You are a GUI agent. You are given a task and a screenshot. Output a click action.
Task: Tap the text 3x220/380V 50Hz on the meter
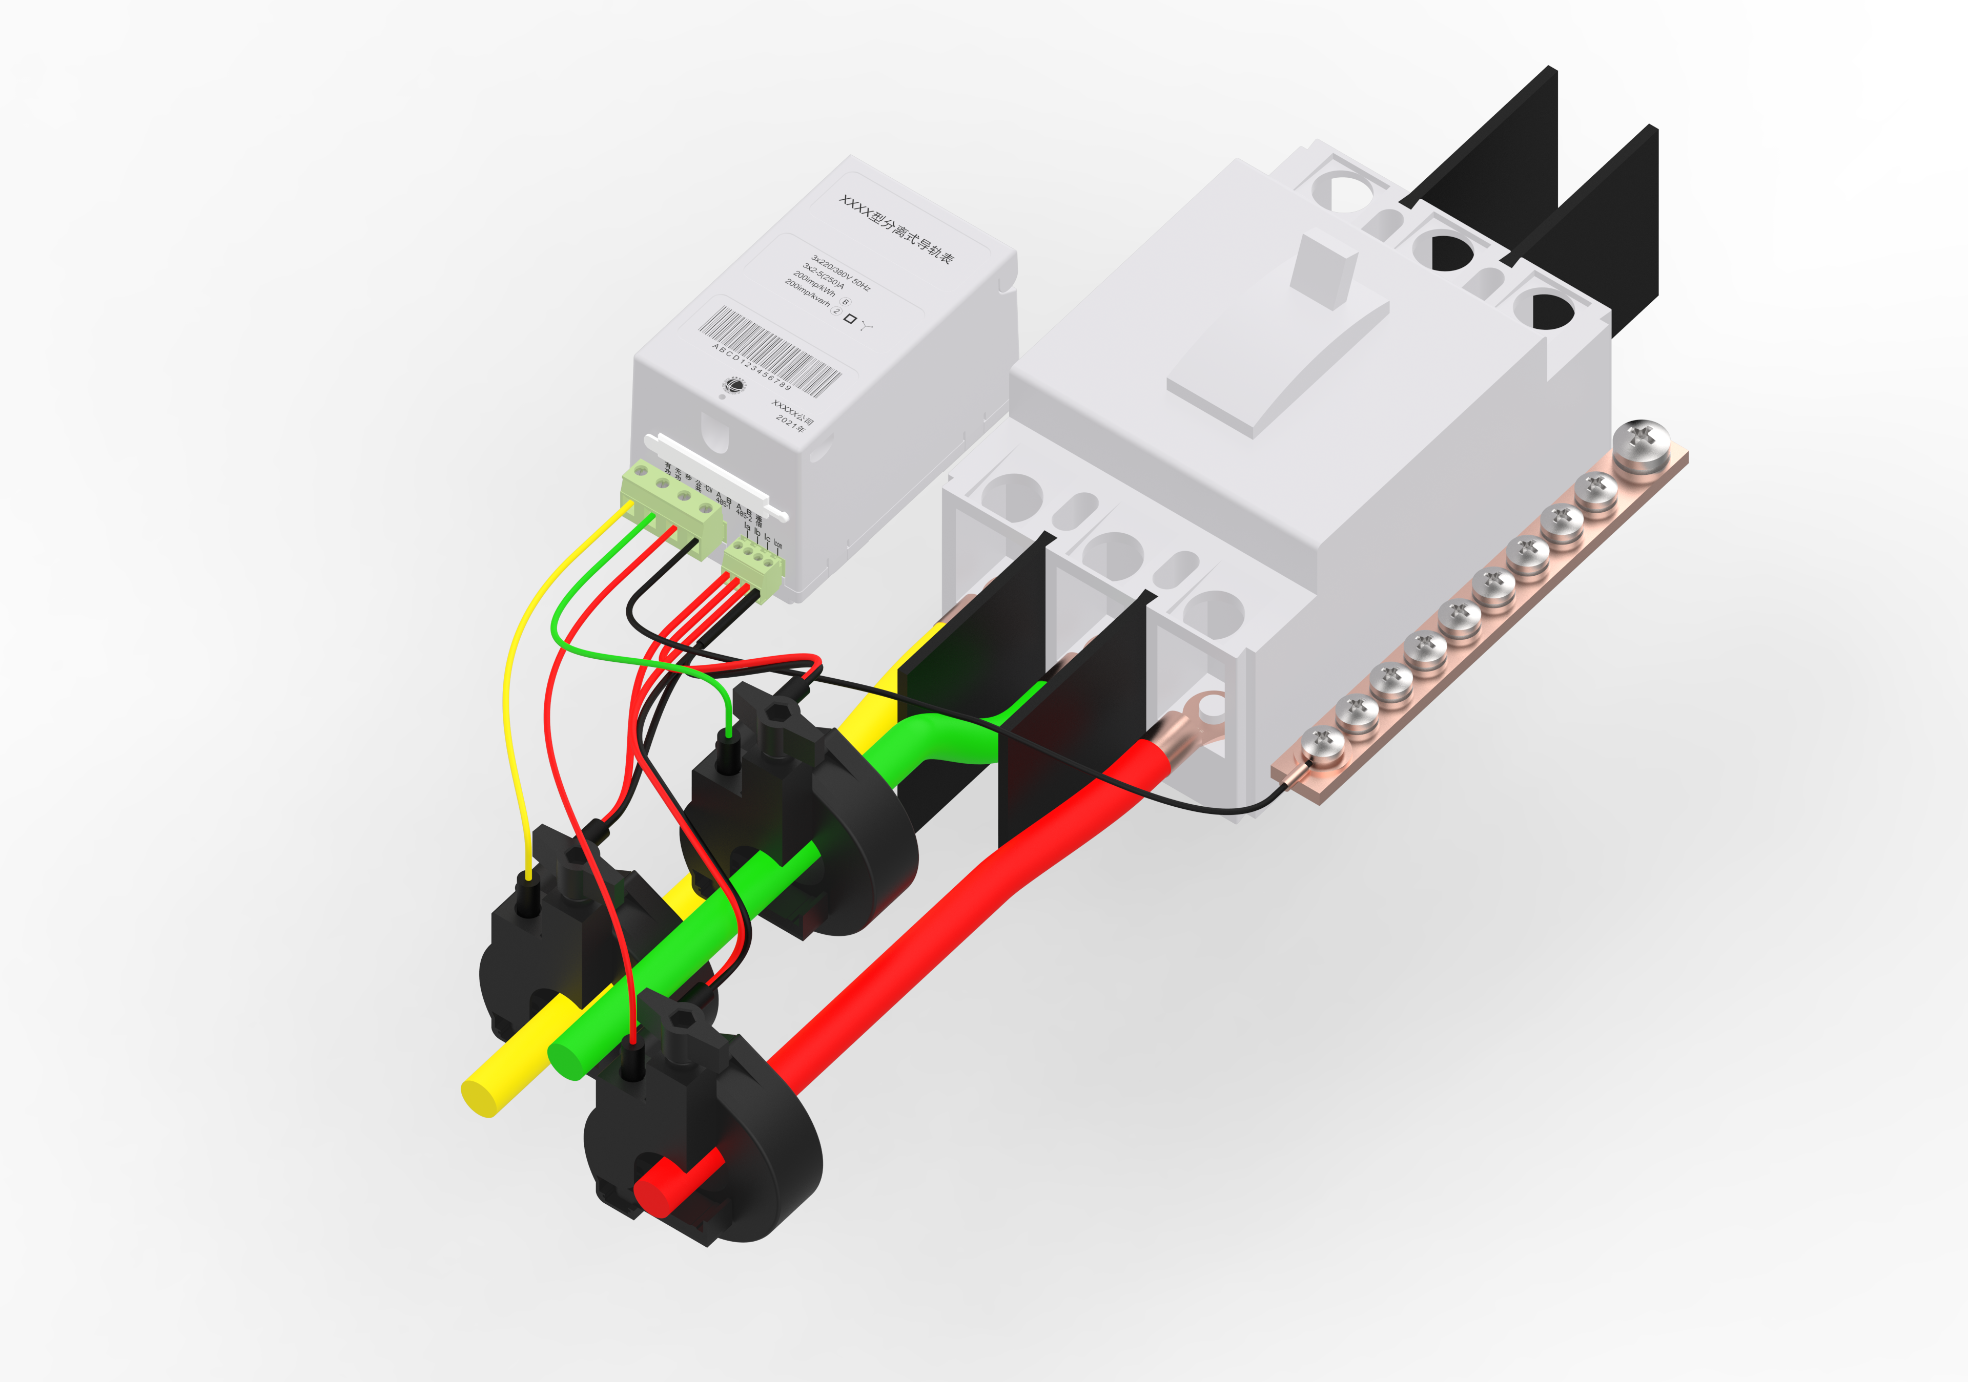(x=840, y=273)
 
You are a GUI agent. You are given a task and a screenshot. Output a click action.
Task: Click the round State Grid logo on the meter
(x=734, y=386)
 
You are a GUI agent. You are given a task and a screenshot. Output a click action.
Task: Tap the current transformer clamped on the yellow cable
(x=548, y=951)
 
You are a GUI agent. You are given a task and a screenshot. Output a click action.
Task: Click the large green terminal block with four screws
(x=673, y=507)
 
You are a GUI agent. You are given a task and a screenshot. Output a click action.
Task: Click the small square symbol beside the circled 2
(x=849, y=319)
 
